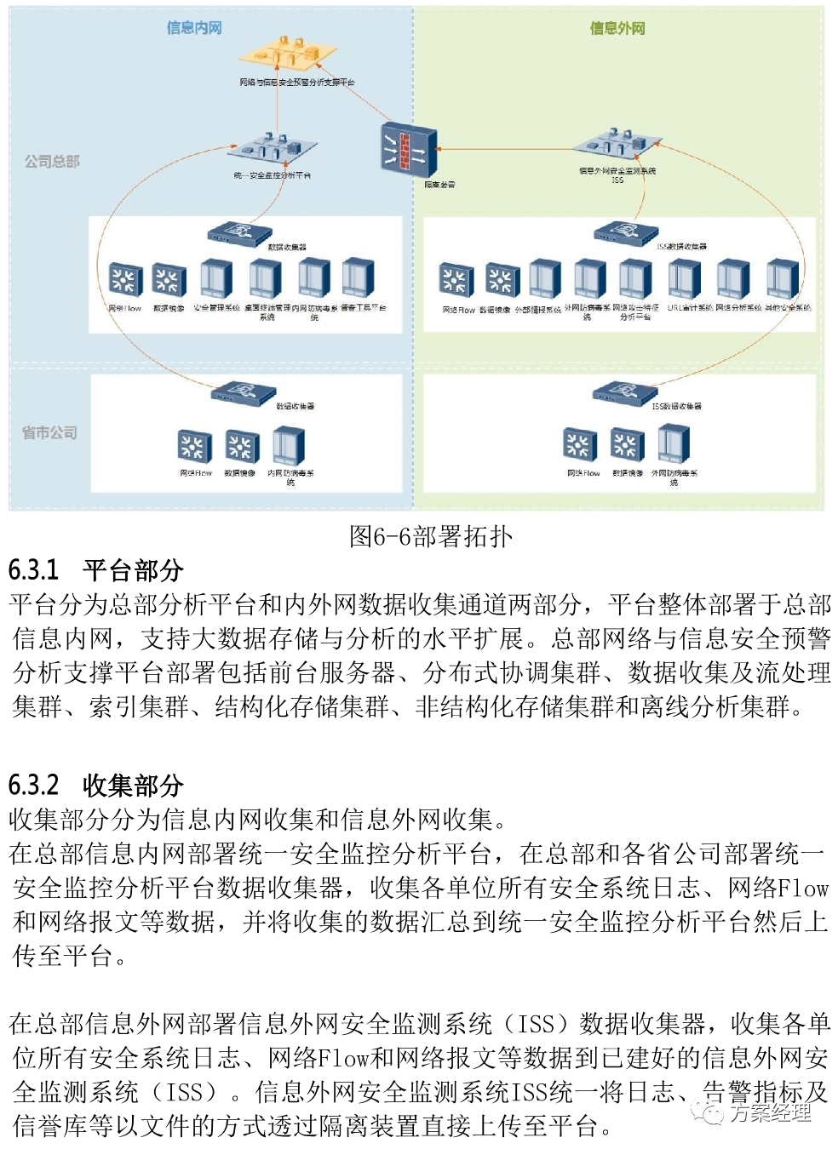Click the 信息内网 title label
point(194,28)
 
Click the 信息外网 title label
point(617,28)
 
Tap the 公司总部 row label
point(52,161)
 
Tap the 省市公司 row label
point(49,432)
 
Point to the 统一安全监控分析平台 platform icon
point(273,148)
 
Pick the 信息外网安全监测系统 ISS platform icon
point(619,145)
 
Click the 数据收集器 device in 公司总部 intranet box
point(241,232)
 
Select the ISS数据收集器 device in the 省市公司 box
point(625,392)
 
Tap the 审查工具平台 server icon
point(358,279)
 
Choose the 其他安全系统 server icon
point(783,279)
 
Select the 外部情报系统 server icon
point(545,279)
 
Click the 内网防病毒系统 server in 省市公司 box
point(289,445)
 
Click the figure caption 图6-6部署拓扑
point(430,536)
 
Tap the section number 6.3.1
point(34,570)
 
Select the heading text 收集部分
point(133,786)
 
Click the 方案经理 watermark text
point(770,1112)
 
